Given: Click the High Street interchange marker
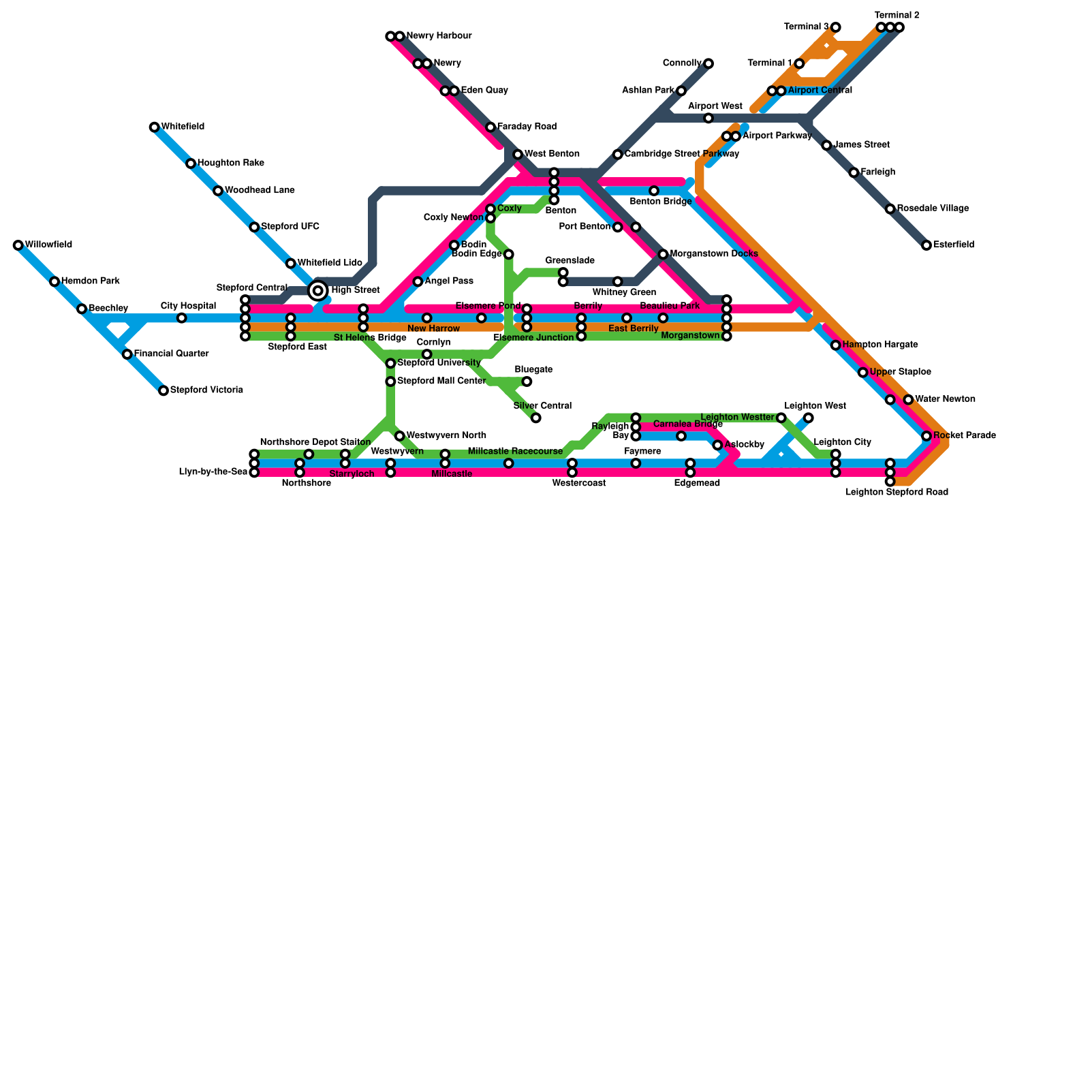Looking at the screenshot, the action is (317, 291).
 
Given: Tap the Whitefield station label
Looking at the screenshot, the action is (183, 127).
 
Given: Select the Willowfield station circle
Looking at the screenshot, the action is (18, 245).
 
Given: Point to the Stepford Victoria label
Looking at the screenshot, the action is (206, 390).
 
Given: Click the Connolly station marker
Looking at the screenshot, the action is (708, 64).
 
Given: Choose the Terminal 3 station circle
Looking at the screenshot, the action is (836, 27).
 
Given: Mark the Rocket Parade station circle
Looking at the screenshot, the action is (926, 436).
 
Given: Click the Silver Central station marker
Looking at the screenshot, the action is (536, 418).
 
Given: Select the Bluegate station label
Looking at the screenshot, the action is (533, 370).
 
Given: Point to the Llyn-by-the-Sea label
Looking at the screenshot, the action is (213, 472).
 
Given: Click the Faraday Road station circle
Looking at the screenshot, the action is (490, 127).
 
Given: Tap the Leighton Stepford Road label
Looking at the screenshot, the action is (897, 492).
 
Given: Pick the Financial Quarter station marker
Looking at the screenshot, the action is (127, 354).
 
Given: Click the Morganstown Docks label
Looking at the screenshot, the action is (714, 254).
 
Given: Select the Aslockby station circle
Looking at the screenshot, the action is (717, 446).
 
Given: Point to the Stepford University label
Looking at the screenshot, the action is (439, 363).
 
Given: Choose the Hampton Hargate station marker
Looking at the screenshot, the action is (836, 345).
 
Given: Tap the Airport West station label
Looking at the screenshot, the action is (715, 106).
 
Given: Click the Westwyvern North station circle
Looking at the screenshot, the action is (400, 436).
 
